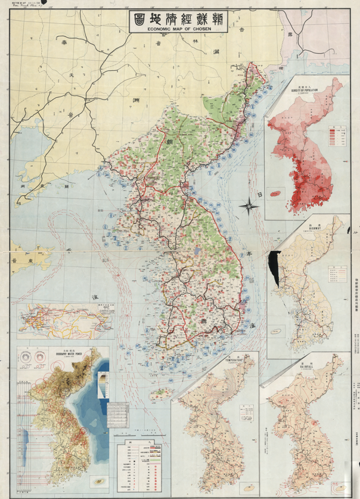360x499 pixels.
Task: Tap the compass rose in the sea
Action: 247,207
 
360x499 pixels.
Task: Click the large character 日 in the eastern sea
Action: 260,196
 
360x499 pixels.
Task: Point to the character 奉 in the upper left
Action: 58,43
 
